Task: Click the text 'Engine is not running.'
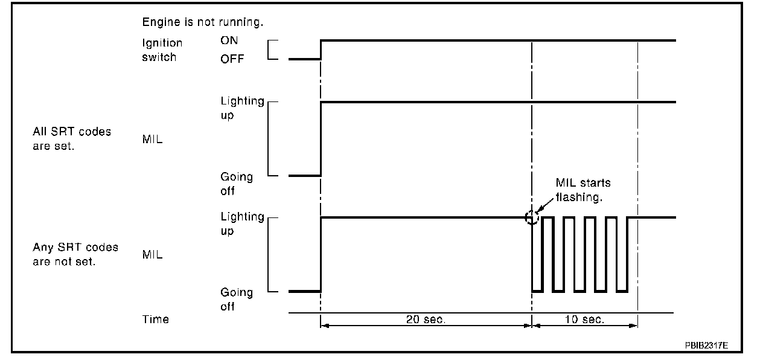coord(203,22)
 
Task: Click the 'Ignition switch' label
coord(162,50)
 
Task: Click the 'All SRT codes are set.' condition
coord(72,139)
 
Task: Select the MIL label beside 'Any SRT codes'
coord(152,255)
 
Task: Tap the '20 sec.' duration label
coord(426,320)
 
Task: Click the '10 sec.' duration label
coord(584,320)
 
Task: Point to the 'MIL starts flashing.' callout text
coord(584,190)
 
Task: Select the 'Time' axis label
coord(156,320)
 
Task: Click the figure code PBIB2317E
coord(706,346)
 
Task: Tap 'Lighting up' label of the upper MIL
coord(242,108)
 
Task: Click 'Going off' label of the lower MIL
coord(236,299)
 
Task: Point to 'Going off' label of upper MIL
coord(236,184)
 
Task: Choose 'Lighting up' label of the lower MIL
coord(242,223)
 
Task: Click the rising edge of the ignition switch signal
coord(321,50)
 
